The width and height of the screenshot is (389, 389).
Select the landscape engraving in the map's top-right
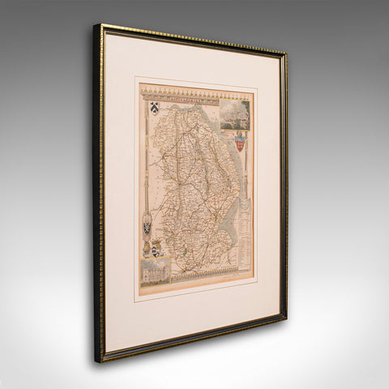point(236,114)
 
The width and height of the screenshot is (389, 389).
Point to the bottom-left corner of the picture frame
point(96,361)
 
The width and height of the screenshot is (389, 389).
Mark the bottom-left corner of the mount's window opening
point(135,300)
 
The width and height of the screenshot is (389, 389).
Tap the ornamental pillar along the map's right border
point(250,178)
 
